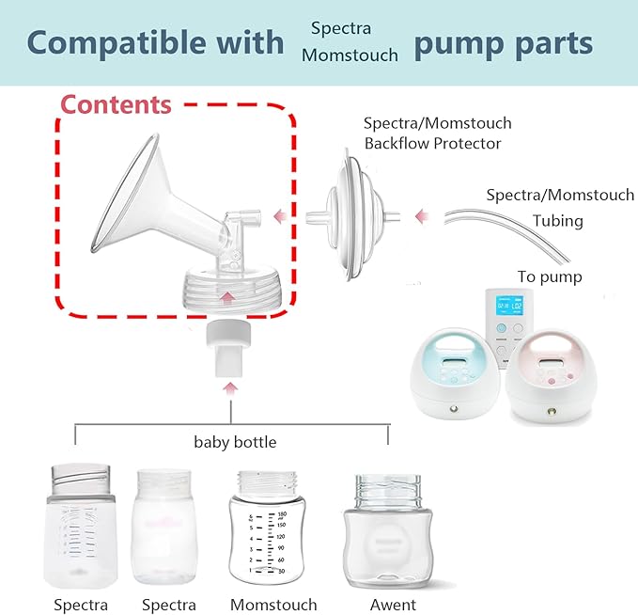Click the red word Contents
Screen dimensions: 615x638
point(117,103)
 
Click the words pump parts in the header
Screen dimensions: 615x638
point(503,42)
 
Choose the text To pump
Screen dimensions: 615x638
point(550,276)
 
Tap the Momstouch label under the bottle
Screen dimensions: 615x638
point(273,605)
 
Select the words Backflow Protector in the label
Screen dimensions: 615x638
point(432,144)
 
